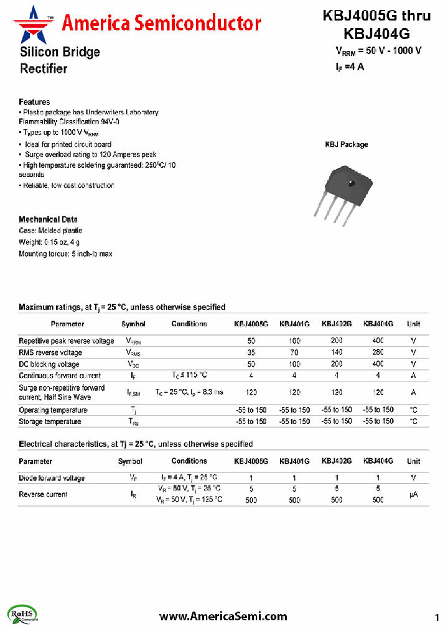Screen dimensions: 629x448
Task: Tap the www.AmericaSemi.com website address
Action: tap(223, 616)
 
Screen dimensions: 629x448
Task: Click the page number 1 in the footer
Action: tap(437, 617)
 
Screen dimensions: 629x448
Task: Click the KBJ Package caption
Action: tap(347, 144)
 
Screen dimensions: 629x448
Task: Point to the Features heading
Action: tap(34, 102)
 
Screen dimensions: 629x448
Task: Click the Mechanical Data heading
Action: tap(48, 219)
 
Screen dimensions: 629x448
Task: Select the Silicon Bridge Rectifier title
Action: tap(59, 60)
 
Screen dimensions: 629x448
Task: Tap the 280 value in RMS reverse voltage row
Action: tap(378, 352)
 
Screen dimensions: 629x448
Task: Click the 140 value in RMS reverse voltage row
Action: tap(337, 352)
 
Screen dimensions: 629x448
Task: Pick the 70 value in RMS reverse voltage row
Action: tap(294, 352)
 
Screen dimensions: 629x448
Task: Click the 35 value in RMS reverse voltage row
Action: tap(251, 352)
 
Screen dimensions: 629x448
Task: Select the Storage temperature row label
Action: tap(50, 421)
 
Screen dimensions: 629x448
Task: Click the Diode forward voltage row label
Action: tap(52, 478)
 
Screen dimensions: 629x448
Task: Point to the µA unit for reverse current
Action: tap(413, 494)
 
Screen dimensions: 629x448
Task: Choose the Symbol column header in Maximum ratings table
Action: tap(133, 324)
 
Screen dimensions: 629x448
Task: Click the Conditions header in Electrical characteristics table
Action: tap(189, 461)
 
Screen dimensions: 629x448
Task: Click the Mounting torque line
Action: tap(65, 254)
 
